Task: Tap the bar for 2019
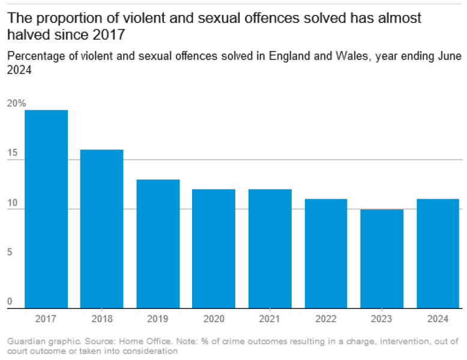coord(158,244)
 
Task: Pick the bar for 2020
coord(214,248)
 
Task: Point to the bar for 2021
coord(270,248)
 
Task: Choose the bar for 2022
coord(326,253)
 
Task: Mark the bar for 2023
coord(382,259)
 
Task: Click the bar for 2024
coord(438,253)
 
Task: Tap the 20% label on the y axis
coord(16,103)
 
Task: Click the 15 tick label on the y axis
coord(12,153)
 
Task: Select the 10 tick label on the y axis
coord(12,203)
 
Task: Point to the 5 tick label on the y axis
coord(10,253)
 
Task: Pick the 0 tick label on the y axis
coord(10,302)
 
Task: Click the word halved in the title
coord(26,35)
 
